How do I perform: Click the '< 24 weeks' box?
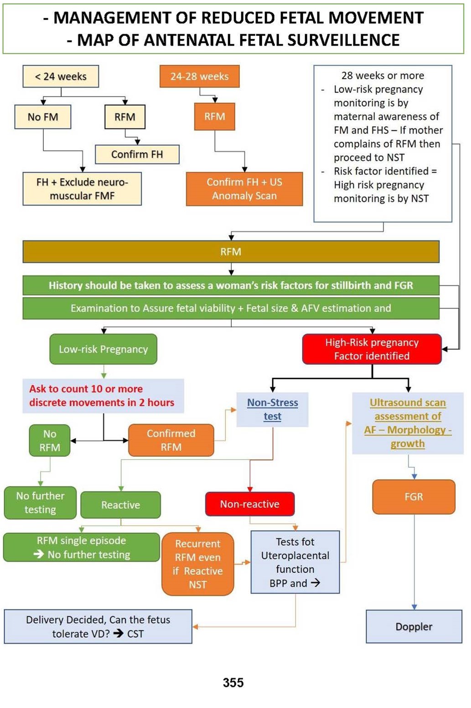[61, 77]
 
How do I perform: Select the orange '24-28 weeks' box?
[199, 77]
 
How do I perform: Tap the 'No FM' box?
[43, 117]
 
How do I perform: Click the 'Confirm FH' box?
[137, 154]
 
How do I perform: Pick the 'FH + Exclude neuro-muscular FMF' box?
[82, 189]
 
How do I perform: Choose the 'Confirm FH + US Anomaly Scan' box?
[244, 189]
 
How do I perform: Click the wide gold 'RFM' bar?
[231, 252]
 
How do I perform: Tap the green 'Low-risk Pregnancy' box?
[103, 349]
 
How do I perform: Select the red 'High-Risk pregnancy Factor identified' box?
[372, 349]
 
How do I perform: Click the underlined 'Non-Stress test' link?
[272, 409]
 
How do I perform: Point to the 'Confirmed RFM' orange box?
[171, 440]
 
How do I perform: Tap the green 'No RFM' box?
[50, 440]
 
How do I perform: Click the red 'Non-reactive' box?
[249, 504]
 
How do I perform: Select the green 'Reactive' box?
[120, 505]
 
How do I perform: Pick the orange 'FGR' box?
[414, 496]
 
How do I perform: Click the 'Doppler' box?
[414, 626]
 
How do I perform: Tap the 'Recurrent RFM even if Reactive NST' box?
[197, 564]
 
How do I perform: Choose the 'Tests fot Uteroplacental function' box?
[295, 562]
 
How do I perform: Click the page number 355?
[233, 682]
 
